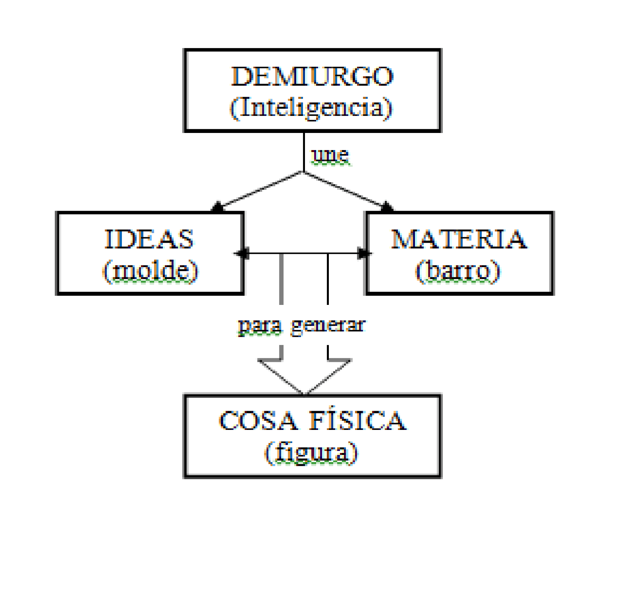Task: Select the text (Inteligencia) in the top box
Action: coord(311,107)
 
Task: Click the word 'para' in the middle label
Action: coord(260,326)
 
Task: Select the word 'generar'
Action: coord(328,326)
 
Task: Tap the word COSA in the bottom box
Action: coord(258,420)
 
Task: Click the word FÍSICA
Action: coord(358,420)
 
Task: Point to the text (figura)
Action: coord(311,453)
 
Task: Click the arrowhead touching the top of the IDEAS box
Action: coord(217,207)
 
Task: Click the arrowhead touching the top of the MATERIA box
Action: coord(387,207)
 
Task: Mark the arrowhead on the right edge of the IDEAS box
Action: coord(242,253)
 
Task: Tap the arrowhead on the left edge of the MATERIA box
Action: coord(363,253)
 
